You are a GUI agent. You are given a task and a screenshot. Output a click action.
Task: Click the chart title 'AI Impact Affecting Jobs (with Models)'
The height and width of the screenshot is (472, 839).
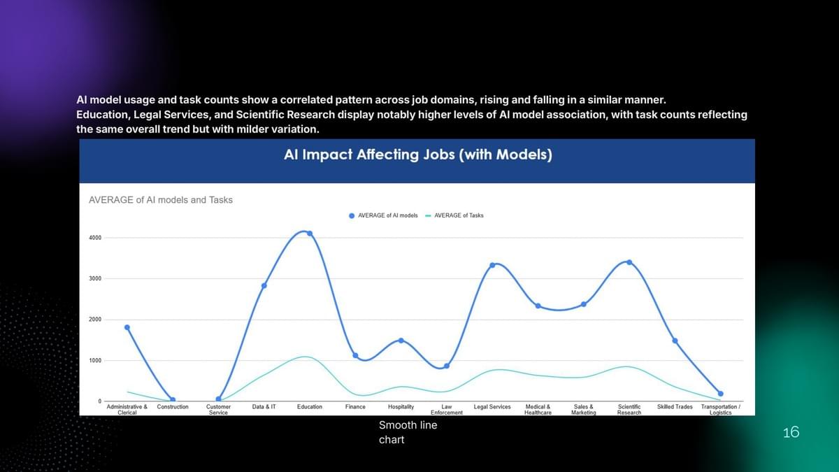417,155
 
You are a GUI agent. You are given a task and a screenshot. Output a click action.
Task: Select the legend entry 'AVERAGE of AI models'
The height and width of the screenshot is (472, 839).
387,215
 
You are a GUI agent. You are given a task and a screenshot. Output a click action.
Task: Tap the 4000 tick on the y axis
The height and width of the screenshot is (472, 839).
94,238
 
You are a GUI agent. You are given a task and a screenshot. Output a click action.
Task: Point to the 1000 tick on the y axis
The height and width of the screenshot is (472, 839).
94,361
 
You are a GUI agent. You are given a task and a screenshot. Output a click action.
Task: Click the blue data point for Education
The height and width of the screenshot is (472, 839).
310,234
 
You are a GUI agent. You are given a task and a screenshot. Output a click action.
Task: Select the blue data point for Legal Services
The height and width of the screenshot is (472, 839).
492,265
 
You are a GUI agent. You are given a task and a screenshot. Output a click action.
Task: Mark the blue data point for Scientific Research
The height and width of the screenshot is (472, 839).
629,262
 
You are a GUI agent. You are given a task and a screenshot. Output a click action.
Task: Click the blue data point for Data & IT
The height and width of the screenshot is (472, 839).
264,285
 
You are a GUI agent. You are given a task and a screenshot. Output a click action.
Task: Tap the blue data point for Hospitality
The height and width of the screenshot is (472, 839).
401,341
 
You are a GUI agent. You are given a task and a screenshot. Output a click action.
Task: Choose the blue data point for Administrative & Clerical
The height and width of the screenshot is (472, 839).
127,327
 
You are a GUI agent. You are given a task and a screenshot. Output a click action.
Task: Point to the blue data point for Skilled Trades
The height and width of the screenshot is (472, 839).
675,341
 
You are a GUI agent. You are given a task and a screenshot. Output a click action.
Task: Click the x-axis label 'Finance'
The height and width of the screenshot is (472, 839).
355,407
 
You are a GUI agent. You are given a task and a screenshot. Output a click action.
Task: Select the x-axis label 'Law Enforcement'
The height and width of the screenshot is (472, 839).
447,410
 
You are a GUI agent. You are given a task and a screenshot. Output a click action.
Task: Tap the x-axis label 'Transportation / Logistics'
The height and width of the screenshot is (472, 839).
720,410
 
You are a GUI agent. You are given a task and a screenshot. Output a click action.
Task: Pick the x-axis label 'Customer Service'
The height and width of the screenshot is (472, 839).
218,410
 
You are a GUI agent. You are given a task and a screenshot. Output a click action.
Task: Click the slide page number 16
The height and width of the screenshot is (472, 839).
791,433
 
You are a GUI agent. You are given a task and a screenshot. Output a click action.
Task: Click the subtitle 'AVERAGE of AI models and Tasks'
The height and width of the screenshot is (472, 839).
161,200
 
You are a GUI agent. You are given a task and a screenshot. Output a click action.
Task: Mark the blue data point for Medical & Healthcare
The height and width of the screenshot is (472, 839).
538,306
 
